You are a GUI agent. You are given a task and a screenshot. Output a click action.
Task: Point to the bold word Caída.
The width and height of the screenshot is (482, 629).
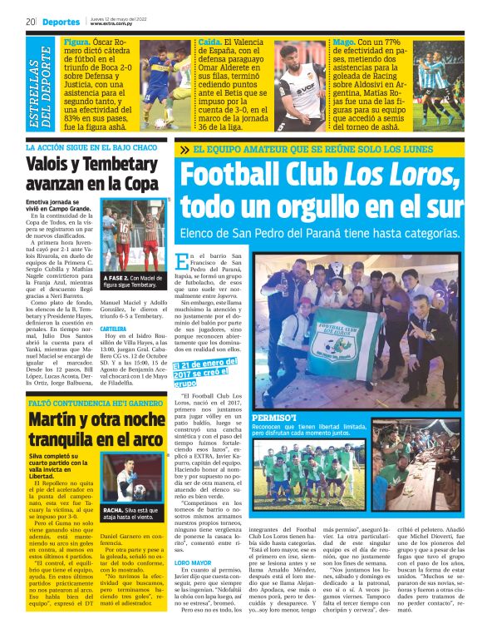[209, 40]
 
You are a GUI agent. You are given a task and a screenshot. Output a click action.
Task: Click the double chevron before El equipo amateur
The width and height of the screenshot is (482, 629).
[184, 150]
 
